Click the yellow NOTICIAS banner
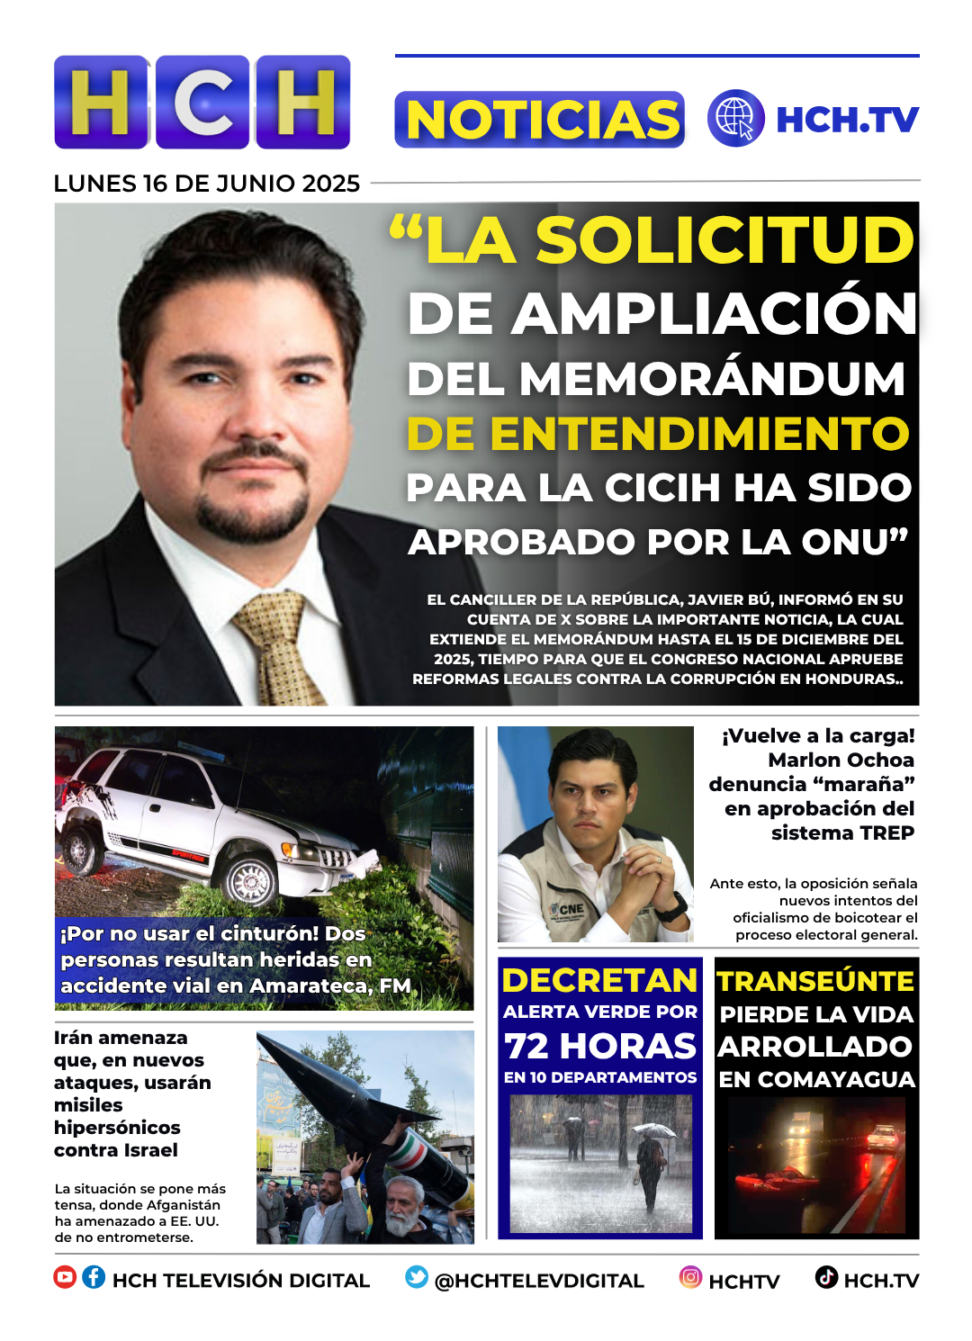539,120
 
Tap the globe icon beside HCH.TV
735,118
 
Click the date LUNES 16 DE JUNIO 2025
206,184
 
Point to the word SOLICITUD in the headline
724,240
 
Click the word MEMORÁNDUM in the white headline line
712,379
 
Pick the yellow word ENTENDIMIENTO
699,434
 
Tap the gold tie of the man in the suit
278,647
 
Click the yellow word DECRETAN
599,980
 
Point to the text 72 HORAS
600,1046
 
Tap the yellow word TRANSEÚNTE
815,981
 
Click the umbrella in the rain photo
653,1129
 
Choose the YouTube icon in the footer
65,1277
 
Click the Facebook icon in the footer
94,1277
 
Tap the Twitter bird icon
417,1277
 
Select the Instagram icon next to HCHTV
690,1277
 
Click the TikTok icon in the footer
826,1277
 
